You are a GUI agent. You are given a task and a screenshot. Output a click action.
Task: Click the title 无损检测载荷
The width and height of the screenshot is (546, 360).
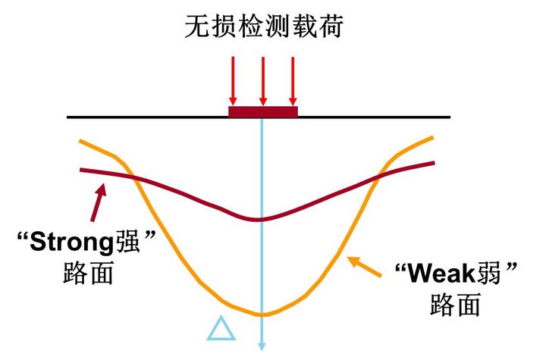click(x=264, y=26)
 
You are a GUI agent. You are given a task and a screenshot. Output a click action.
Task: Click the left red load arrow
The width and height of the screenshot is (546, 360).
click(x=233, y=81)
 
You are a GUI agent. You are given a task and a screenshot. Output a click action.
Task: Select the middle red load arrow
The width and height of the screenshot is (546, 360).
click(x=263, y=81)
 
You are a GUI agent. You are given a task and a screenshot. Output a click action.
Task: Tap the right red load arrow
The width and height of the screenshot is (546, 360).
click(x=293, y=81)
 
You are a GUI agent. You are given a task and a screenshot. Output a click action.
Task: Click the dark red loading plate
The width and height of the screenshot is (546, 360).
click(x=263, y=111)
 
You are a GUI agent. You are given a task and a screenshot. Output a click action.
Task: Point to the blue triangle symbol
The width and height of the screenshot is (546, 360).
click(x=221, y=328)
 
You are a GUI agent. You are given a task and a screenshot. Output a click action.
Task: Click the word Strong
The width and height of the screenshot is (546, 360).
click(x=71, y=243)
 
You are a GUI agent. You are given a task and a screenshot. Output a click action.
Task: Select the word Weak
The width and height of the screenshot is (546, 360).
click(x=441, y=274)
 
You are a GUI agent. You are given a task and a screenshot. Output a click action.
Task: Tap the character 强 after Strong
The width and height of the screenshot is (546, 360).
click(x=127, y=242)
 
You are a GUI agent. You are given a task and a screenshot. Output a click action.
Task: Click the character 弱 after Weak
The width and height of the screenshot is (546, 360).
click(x=488, y=274)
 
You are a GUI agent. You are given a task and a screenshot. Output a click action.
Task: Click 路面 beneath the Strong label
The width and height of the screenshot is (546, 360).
click(x=88, y=273)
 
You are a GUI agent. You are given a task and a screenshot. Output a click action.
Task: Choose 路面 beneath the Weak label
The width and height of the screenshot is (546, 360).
click(x=455, y=304)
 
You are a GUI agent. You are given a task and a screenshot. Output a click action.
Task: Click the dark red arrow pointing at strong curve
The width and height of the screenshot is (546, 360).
click(x=98, y=202)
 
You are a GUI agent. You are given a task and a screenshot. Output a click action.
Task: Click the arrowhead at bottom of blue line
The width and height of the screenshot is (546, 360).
click(x=262, y=346)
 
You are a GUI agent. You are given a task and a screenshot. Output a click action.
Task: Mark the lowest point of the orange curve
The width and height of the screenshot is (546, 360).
click(x=262, y=315)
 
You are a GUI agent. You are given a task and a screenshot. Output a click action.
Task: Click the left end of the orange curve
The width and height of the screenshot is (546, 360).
click(x=80, y=141)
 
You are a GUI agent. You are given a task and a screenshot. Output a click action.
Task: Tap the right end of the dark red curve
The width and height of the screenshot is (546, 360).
click(x=434, y=163)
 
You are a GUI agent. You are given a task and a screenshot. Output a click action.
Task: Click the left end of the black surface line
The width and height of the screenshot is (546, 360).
click(x=67, y=117)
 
